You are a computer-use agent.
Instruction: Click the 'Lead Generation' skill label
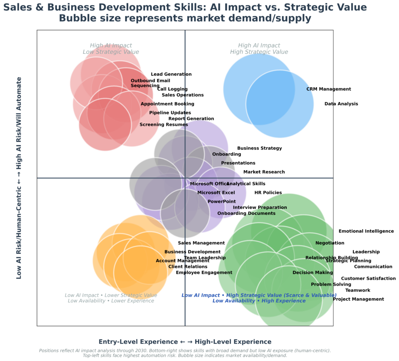(x=171, y=74)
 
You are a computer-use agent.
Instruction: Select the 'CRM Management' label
(x=328, y=89)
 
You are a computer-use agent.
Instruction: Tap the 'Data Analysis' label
(x=341, y=104)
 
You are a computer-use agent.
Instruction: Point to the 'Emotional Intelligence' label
(x=366, y=231)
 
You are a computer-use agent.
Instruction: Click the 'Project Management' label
(x=358, y=299)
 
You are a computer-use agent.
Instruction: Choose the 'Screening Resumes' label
(x=164, y=124)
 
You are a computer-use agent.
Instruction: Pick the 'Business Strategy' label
(x=260, y=148)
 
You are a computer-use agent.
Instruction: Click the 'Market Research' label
(x=264, y=172)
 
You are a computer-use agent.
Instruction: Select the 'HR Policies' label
(x=268, y=193)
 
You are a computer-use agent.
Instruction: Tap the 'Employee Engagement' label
(x=204, y=273)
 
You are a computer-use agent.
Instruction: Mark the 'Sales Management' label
(x=201, y=243)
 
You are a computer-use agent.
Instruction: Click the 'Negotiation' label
(x=330, y=243)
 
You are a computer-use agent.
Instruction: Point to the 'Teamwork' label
(x=358, y=290)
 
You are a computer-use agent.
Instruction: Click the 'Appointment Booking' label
(x=167, y=104)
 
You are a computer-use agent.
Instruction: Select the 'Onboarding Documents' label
(x=246, y=213)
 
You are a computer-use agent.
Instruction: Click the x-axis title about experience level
(x=185, y=342)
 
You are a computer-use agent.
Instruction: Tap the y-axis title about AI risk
(x=19, y=178)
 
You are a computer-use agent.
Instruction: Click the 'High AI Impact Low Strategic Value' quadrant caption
(x=111, y=49)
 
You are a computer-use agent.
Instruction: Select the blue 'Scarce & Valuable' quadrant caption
(x=259, y=298)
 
